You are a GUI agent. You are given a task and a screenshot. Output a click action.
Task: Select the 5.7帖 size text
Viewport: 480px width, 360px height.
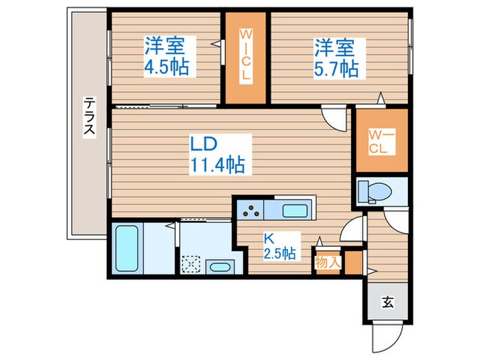337,69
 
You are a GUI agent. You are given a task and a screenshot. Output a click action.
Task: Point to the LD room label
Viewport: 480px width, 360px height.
204,144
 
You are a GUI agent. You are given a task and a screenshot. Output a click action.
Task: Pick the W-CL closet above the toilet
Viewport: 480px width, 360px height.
380,141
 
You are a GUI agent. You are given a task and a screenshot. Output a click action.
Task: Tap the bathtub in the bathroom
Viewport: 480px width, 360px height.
127,247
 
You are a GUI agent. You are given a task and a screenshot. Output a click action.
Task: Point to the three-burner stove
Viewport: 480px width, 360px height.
251,209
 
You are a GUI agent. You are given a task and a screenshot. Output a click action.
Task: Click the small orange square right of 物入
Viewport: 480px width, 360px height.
353,262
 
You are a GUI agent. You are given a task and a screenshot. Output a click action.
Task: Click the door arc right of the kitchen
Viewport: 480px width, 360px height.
351,228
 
